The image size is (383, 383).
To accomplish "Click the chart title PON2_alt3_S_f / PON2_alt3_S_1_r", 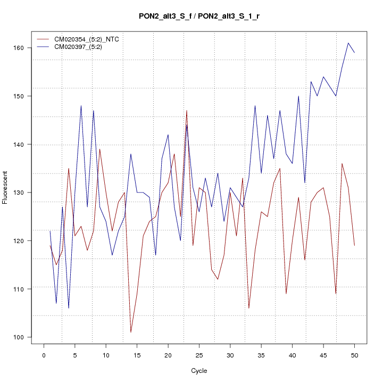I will click(x=199, y=16).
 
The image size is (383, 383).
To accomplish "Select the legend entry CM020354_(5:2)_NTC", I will click(x=90, y=39).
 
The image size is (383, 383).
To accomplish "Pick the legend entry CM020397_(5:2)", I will click(x=82, y=47).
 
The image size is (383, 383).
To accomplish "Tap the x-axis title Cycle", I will click(x=199, y=371).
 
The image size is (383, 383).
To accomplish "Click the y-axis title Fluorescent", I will click(x=6, y=187).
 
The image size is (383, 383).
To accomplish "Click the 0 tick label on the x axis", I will click(x=44, y=354).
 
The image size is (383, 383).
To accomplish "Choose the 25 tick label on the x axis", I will click(x=199, y=354).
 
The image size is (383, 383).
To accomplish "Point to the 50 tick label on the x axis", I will click(x=354, y=354).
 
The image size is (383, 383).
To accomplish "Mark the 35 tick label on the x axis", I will click(x=261, y=354).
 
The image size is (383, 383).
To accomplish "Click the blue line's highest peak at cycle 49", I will click(x=348, y=43).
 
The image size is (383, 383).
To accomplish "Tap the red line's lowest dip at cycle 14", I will click(x=131, y=332).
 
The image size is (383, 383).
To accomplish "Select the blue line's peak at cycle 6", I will click(x=81, y=106).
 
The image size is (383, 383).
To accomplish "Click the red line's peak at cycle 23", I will click(x=187, y=111).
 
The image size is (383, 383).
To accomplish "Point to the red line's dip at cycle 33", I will click(x=249, y=308).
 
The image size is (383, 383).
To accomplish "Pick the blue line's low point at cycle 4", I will click(x=69, y=308).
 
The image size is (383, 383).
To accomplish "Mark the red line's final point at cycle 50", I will click(x=354, y=245).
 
